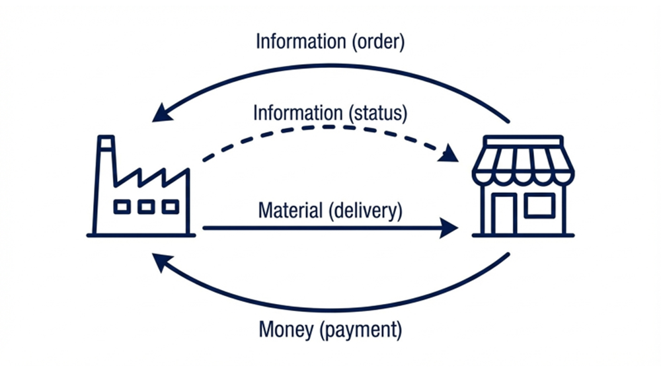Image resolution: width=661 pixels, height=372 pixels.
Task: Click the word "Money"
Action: (286, 329)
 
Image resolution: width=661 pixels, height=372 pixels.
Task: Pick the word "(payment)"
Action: (360, 329)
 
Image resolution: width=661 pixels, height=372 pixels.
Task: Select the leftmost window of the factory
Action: (122, 207)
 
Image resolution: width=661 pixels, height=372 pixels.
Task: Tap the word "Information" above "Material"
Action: (298, 112)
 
